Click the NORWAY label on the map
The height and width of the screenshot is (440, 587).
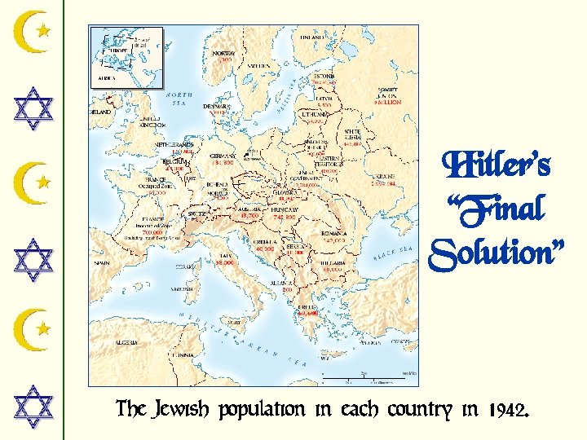click(223, 54)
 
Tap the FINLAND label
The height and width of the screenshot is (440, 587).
click(311, 37)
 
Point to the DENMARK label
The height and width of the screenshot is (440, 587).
click(217, 106)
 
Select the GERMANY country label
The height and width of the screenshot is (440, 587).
click(223, 156)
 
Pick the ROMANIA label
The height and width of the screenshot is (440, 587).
click(333, 234)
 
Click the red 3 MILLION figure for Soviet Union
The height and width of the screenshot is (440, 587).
click(387, 103)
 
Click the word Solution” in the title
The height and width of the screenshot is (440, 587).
click(497, 255)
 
